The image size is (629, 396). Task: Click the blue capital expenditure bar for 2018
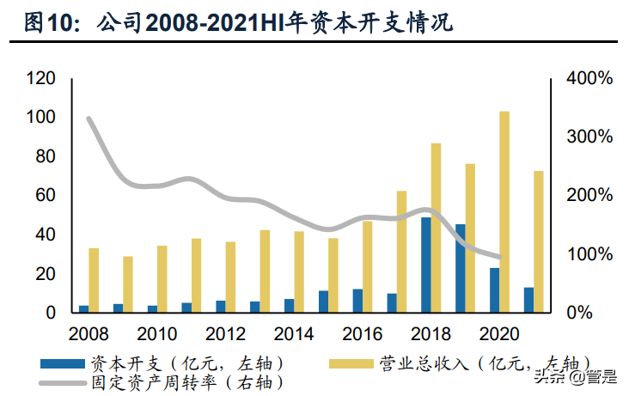[x=425, y=265]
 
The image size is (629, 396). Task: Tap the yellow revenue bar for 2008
[x=94, y=280]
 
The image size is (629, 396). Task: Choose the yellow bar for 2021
[x=539, y=241]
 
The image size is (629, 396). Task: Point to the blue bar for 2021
[x=528, y=300]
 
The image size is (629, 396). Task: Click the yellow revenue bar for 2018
[x=436, y=228]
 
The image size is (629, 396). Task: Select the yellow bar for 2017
[x=401, y=252]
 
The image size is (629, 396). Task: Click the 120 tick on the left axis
[x=41, y=79]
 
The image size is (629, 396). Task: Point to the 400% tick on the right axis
[x=589, y=79]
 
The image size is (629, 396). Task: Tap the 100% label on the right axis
[x=589, y=255]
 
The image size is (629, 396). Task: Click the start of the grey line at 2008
[x=89, y=119]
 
